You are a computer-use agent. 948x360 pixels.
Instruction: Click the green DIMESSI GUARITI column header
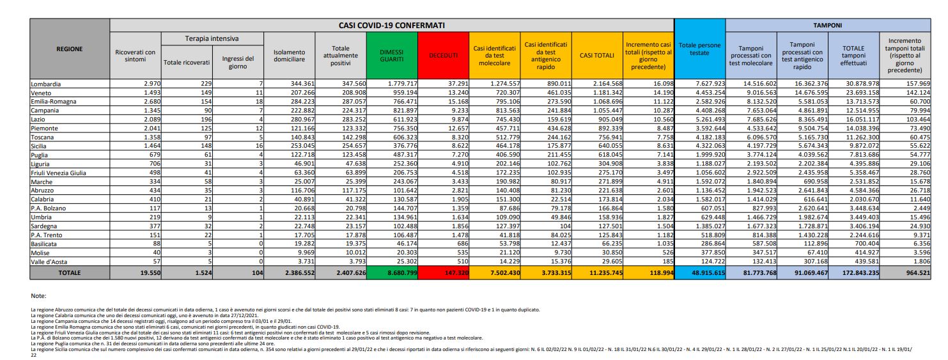pyautogui.click(x=392, y=56)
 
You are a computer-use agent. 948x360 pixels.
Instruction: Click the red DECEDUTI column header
pyautogui.click(x=443, y=56)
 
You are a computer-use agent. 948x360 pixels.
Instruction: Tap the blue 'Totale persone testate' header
pyautogui.click(x=699, y=50)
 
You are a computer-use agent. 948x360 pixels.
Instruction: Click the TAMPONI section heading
pyautogui.click(x=827, y=25)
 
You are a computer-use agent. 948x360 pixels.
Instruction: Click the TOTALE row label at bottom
pyautogui.click(x=70, y=272)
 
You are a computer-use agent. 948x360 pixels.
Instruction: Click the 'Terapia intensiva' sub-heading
pyautogui.click(x=212, y=39)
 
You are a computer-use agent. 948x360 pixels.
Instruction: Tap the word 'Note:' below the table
pyautogui.click(x=38, y=297)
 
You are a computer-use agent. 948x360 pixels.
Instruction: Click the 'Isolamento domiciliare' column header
pyautogui.click(x=289, y=56)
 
